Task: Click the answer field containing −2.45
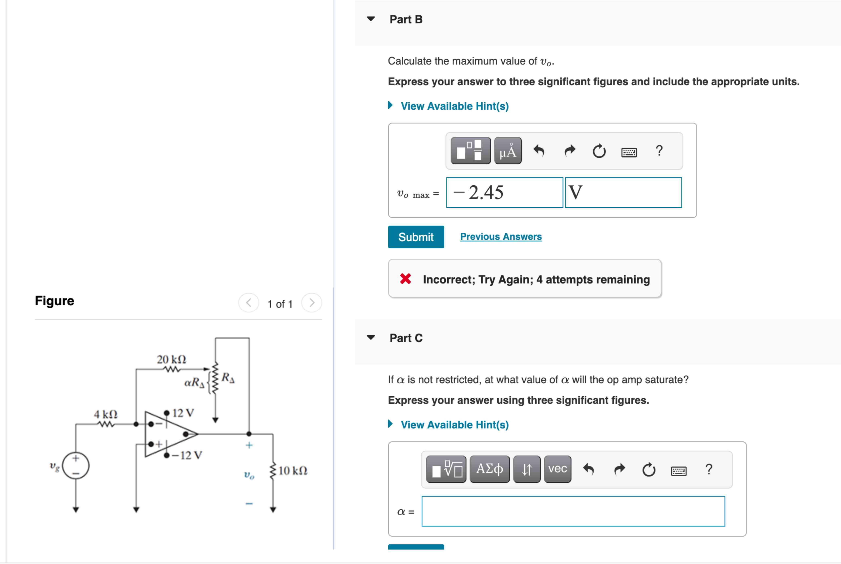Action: (x=504, y=192)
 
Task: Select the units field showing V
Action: (x=623, y=192)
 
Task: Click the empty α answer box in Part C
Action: (x=573, y=511)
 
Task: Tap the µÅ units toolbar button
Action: (x=508, y=151)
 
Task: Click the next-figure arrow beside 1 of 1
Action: (x=312, y=303)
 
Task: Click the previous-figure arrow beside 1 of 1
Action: (x=249, y=303)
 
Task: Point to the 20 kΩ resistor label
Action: (x=172, y=359)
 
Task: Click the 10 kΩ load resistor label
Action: (x=293, y=471)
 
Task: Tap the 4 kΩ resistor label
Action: (x=106, y=414)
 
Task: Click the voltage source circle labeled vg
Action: (x=76, y=466)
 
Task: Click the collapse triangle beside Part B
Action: (x=371, y=19)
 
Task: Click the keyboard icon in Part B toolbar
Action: (x=629, y=152)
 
